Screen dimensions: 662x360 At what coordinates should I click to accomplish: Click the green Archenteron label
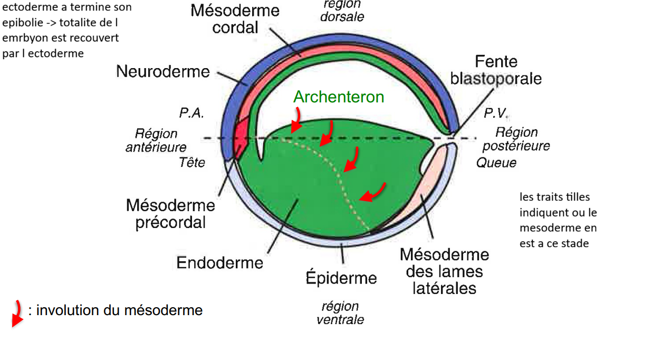(x=339, y=97)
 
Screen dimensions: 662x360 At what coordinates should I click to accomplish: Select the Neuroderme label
(x=163, y=72)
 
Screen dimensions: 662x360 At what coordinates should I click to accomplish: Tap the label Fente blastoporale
(x=496, y=70)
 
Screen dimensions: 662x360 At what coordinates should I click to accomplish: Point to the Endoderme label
(x=219, y=263)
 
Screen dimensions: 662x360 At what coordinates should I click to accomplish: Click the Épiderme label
(x=341, y=278)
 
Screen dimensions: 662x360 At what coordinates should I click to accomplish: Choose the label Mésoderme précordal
(x=170, y=214)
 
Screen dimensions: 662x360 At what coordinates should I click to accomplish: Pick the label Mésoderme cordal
(x=235, y=19)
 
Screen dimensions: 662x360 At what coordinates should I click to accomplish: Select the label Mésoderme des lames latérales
(x=445, y=271)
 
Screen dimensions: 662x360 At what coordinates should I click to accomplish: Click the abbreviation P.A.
(x=191, y=113)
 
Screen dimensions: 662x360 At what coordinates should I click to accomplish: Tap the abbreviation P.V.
(x=496, y=113)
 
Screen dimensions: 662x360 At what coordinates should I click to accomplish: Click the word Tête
(x=192, y=163)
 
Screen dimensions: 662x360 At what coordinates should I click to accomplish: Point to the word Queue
(x=496, y=163)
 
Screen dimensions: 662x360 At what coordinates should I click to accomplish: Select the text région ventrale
(x=340, y=313)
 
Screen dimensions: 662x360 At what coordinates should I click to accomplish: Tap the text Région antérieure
(x=156, y=140)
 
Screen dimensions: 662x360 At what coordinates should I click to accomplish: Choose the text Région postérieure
(x=516, y=139)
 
